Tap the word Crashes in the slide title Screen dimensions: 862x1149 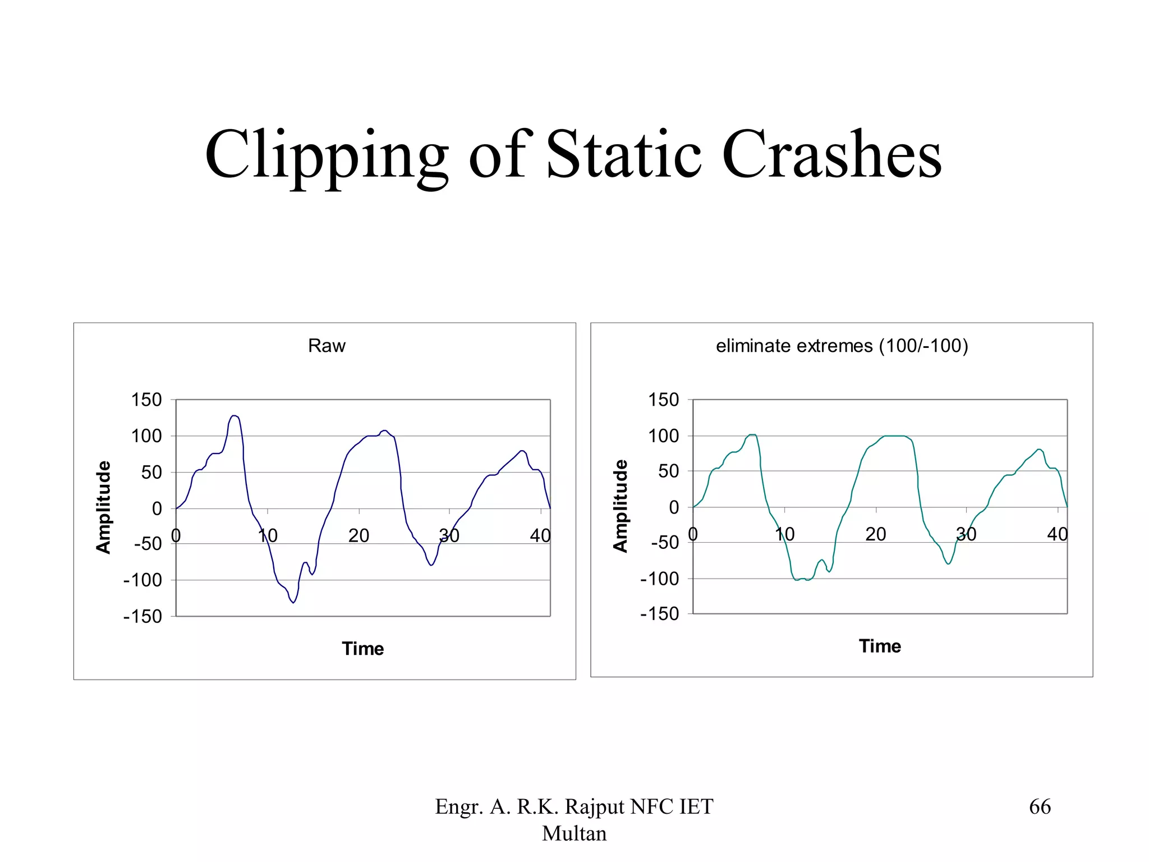point(831,154)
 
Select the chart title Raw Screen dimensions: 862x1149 point(327,346)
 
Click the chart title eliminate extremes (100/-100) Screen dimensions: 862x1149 point(842,346)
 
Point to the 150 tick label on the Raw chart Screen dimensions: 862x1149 point(146,400)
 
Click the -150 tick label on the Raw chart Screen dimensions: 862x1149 point(143,616)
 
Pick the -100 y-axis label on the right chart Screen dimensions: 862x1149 point(660,579)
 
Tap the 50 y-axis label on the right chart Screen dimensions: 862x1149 point(668,471)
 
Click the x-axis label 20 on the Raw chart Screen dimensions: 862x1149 point(359,536)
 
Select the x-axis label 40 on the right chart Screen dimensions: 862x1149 point(1057,534)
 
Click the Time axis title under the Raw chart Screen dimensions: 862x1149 point(363,649)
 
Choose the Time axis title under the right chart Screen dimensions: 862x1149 point(880,646)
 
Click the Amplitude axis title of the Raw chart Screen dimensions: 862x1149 point(104,507)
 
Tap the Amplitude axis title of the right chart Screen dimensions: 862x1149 point(621,506)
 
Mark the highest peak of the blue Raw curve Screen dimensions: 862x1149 point(234,416)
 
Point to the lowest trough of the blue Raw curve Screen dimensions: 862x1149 point(293,603)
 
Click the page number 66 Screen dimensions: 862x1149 point(1040,807)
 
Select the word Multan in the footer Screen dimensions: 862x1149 point(574,834)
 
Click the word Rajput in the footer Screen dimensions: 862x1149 point(594,807)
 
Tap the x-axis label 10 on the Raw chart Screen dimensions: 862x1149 point(268,536)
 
